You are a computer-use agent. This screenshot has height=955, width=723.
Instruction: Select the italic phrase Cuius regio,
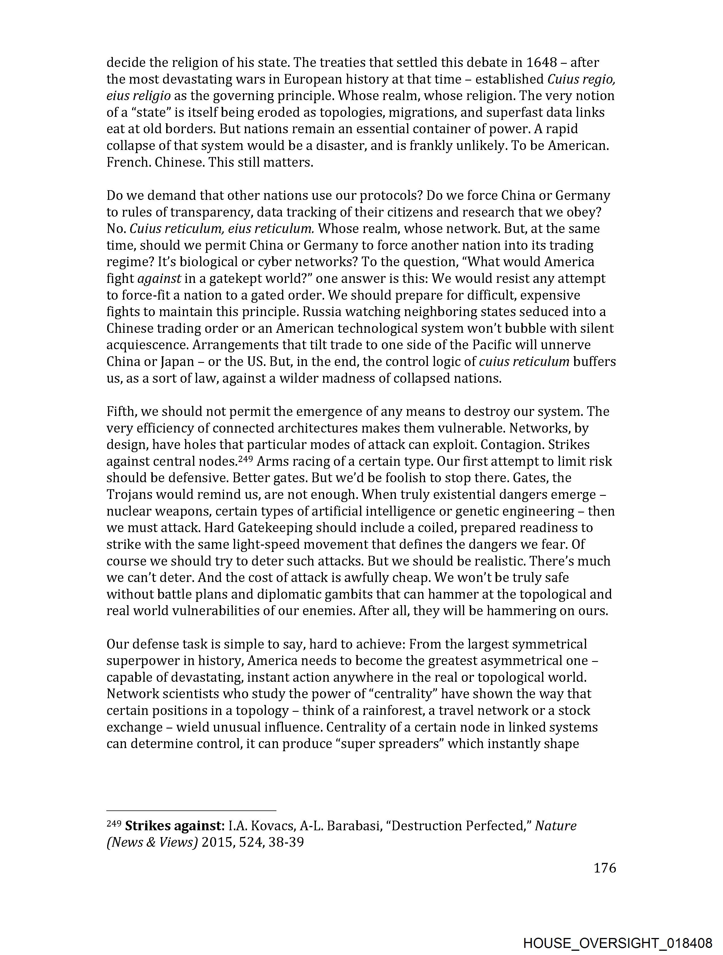pyautogui.click(x=581, y=79)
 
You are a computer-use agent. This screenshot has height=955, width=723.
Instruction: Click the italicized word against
pyautogui.click(x=159, y=278)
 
